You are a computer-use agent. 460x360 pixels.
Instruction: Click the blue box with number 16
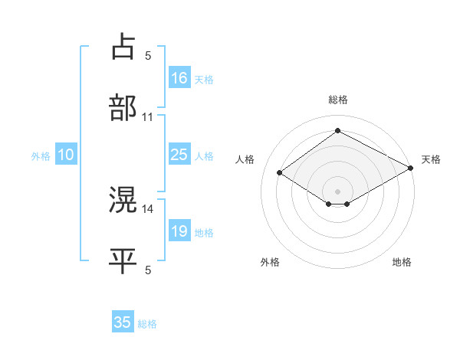click(x=179, y=78)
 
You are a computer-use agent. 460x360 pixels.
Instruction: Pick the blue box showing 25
click(x=179, y=155)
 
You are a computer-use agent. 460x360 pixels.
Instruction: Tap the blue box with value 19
click(x=179, y=231)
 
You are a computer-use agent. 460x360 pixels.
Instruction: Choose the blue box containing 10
click(x=66, y=155)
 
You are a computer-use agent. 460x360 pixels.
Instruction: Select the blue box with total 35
click(x=123, y=322)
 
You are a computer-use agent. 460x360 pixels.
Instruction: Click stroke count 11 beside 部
click(x=148, y=117)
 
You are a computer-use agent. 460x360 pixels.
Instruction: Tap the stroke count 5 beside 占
click(x=148, y=55)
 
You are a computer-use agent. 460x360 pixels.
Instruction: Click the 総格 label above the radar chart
click(x=337, y=100)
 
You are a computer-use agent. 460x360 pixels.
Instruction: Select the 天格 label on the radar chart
click(x=431, y=159)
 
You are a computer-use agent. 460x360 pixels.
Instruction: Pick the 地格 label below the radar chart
click(x=402, y=263)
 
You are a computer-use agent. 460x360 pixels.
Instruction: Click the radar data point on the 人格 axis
click(x=280, y=173)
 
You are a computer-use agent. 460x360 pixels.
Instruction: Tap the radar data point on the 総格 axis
click(x=337, y=130)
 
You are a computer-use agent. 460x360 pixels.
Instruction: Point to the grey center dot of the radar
click(x=337, y=190)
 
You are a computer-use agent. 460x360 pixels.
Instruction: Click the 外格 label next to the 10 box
click(x=41, y=155)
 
